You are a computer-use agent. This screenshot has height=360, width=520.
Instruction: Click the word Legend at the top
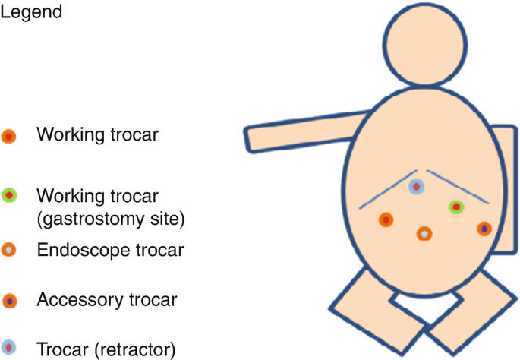(x=31, y=13)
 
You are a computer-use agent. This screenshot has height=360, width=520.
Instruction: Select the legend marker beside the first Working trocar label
(x=8, y=137)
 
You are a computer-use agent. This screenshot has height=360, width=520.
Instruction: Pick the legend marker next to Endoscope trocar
(x=8, y=249)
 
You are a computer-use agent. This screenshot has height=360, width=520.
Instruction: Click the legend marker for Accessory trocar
(x=8, y=300)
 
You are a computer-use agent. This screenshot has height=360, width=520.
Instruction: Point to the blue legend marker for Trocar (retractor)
(x=8, y=349)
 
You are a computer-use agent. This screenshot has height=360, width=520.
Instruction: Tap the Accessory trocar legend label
(x=106, y=300)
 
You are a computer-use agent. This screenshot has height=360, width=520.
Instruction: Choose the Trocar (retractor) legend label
(x=106, y=349)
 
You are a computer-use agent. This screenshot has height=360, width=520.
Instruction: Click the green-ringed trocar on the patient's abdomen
(x=455, y=206)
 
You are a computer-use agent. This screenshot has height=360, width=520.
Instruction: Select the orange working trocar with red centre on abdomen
(x=386, y=220)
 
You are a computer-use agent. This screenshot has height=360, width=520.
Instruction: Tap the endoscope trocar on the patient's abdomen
(x=424, y=234)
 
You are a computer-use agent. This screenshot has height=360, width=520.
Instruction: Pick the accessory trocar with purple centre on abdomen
(x=484, y=227)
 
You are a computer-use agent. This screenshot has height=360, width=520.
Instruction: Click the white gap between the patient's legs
(x=425, y=308)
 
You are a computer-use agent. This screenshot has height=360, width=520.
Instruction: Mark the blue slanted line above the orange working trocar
(x=387, y=190)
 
